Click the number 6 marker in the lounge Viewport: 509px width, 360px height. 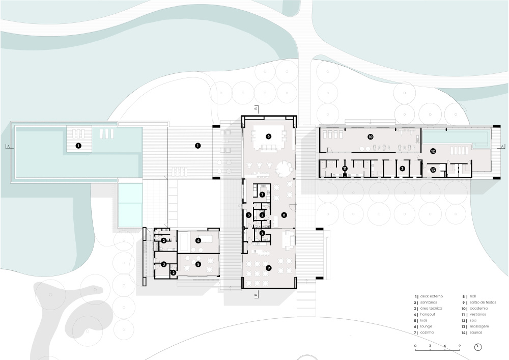268,136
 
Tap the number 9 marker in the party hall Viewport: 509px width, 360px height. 268,268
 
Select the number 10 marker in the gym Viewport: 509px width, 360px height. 371,137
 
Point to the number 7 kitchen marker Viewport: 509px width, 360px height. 262,195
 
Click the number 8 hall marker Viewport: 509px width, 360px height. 284,215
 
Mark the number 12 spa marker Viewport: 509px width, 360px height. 433,151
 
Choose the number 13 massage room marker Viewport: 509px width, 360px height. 433,170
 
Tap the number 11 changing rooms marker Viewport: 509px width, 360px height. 345,169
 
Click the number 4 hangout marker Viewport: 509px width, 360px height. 198,240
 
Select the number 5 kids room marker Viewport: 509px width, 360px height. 198,264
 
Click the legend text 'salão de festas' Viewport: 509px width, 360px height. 483,302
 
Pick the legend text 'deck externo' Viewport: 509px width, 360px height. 432,296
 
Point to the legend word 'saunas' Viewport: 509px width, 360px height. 476,333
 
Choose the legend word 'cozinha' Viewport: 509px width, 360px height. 427,333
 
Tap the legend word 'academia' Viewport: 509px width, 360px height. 478,309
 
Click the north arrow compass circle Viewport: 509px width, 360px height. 478,347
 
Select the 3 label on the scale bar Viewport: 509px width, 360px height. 430,346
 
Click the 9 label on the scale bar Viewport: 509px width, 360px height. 460,346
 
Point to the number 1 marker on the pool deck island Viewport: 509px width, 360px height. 78,146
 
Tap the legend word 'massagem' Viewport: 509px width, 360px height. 479,326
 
